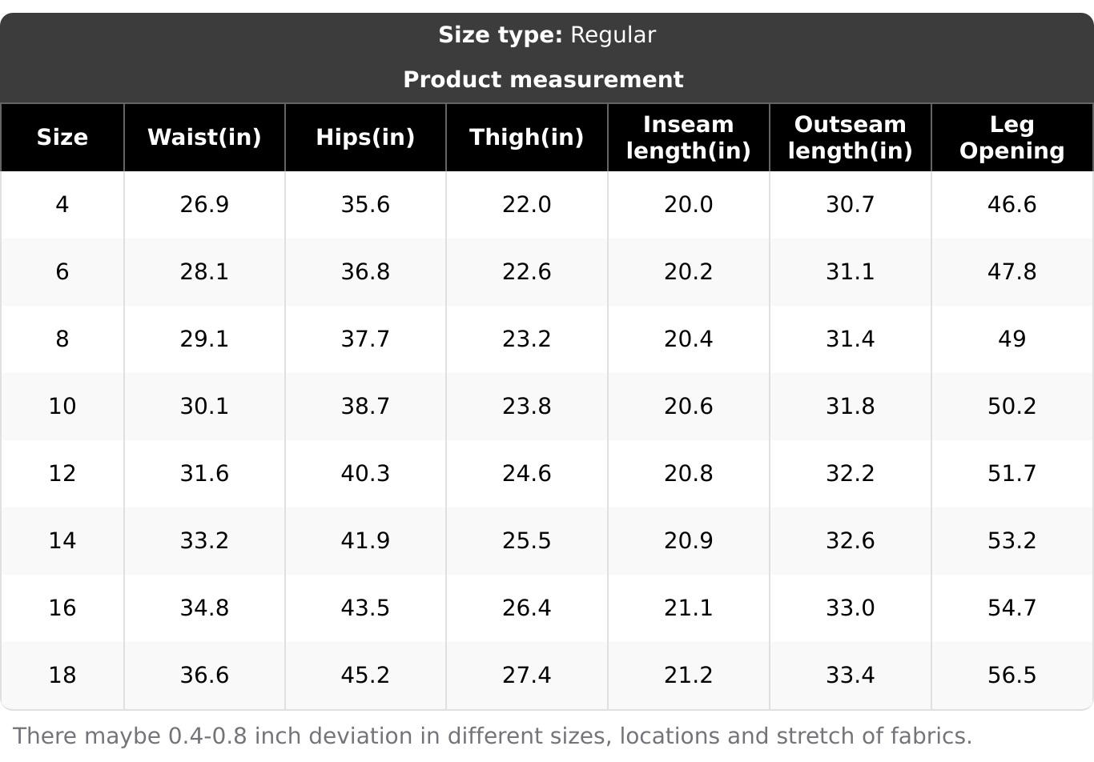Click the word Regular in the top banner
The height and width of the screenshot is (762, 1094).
tap(613, 35)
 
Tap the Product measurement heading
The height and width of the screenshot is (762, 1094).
tap(543, 80)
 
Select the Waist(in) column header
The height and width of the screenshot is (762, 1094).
tap(204, 138)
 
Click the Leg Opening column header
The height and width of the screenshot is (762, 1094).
tap(1012, 138)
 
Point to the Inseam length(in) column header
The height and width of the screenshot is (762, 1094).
tap(688, 138)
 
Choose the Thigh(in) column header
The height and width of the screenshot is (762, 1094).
tap(526, 138)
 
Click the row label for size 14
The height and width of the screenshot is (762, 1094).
tap(62, 541)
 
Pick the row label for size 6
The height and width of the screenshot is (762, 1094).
tap(62, 272)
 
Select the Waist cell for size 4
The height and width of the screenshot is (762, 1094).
tap(204, 205)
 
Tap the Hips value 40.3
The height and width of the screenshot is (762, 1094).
tap(365, 474)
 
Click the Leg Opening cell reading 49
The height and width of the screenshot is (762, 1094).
tap(1012, 339)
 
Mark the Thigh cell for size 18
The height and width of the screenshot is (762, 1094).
tap(526, 676)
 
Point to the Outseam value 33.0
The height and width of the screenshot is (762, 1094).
tap(850, 608)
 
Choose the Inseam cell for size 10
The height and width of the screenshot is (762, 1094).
tap(688, 407)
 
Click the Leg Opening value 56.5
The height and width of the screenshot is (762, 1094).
tap(1012, 676)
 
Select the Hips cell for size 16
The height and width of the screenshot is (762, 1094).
tap(365, 608)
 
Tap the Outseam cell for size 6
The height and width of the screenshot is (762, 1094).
tap(850, 272)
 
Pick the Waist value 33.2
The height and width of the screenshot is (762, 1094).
tap(204, 541)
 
